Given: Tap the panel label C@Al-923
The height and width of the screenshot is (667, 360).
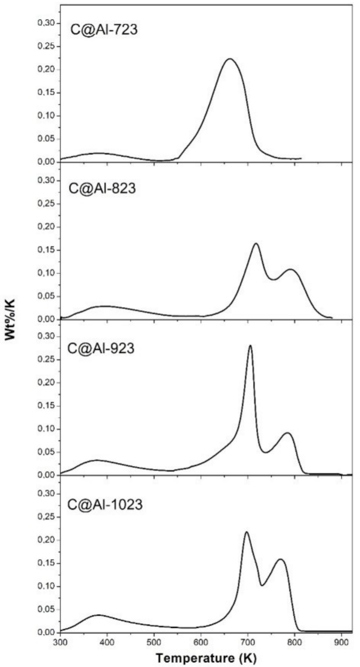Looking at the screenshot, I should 101,348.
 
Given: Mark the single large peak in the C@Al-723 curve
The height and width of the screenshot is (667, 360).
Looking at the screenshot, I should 229,59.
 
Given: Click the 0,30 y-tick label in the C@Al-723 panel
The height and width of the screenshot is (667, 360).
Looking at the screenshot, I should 47,23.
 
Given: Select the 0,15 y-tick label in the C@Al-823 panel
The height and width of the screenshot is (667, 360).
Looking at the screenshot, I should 47,250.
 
